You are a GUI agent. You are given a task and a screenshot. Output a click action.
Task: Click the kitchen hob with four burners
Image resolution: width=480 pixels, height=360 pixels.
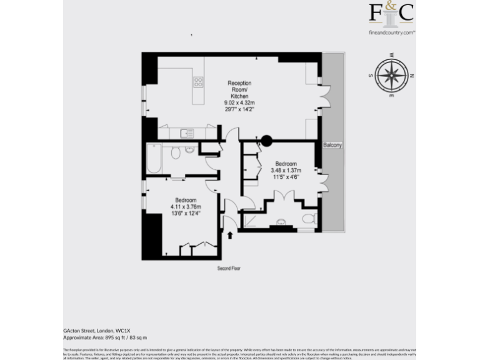(x=198, y=82)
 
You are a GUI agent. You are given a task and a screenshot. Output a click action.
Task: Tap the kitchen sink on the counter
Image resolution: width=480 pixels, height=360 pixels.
(x=186, y=132)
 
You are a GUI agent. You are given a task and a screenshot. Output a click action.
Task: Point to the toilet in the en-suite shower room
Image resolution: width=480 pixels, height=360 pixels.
(x=308, y=218)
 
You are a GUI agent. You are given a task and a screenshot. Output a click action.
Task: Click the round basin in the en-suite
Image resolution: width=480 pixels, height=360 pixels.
(x=281, y=222)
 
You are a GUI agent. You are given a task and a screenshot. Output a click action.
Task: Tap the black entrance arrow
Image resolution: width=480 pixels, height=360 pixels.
(x=230, y=235)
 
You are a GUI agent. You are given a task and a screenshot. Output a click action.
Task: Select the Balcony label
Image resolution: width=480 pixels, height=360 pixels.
(x=332, y=145)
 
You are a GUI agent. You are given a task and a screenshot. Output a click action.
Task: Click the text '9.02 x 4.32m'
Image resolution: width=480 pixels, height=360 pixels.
(x=239, y=102)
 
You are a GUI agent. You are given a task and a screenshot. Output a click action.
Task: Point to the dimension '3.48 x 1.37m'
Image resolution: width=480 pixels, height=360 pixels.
(x=286, y=171)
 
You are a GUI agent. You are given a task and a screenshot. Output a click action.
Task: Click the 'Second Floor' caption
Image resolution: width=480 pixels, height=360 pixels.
(x=229, y=268)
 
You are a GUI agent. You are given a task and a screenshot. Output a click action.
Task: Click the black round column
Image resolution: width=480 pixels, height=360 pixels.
(x=267, y=141)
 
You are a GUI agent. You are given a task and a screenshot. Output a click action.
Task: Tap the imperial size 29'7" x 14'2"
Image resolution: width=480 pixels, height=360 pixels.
(x=239, y=109)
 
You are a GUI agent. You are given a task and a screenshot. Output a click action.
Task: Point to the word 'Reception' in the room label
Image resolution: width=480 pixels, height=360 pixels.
(x=239, y=83)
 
